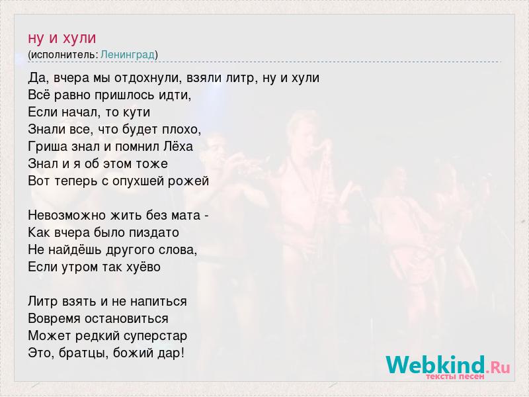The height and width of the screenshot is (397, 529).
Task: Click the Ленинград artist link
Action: coord(128,55)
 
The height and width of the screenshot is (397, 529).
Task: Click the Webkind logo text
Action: coord(436,365)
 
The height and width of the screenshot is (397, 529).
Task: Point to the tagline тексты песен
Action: coord(455,376)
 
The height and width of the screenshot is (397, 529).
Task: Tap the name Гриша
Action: coord(48,147)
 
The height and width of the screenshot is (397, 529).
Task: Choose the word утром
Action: coord(80,267)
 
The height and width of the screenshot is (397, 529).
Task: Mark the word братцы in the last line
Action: coord(85,353)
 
